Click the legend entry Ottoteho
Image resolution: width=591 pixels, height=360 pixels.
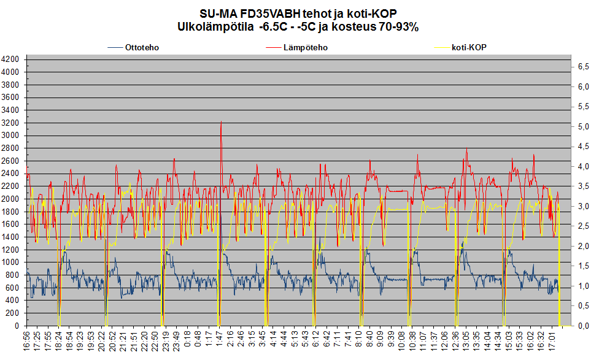coord(142,47)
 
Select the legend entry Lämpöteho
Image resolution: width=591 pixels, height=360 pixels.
coord(305,47)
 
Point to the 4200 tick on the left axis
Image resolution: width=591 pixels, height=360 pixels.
coord(11,59)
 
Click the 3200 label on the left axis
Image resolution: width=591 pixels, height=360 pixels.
coord(11,123)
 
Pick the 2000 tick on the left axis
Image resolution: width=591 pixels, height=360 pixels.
coord(11,199)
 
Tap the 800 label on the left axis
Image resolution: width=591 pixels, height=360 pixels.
coord(14,275)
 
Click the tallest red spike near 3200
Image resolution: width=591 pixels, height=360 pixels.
coord(220,123)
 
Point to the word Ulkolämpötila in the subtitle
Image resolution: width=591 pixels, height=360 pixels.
coord(213,27)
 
